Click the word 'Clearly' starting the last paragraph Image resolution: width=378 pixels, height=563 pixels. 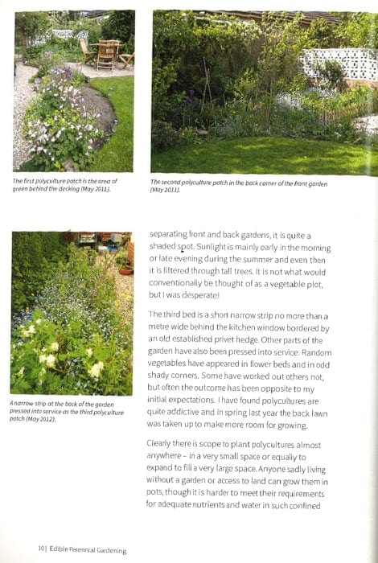pos(164,445)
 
